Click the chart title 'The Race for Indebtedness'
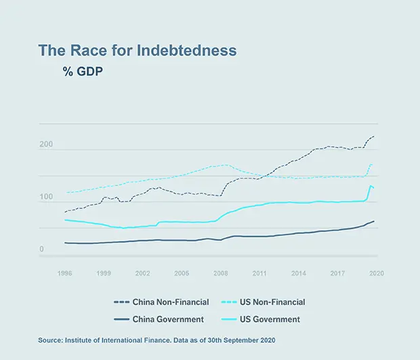tap(137, 51)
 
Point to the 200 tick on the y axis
tap(46, 145)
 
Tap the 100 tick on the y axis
tap(46, 197)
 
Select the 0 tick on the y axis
tap(41, 250)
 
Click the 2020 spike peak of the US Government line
tap(371, 185)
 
